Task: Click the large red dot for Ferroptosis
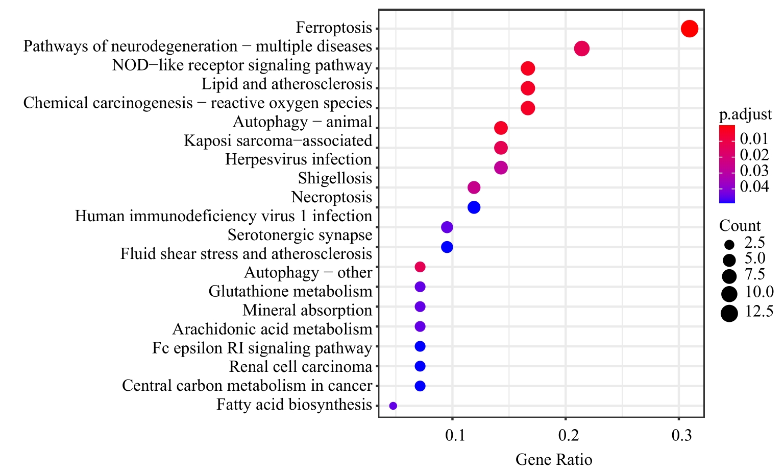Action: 689,29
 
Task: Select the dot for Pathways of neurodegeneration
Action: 582,49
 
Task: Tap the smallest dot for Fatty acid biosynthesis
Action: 393,406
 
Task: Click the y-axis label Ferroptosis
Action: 334,28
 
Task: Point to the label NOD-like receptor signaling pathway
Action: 242,65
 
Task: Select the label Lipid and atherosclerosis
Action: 287,84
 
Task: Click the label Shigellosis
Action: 335,178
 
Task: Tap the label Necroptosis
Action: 331,197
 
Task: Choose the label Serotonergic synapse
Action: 300,235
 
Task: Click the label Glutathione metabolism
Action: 290,291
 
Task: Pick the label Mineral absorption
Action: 307,310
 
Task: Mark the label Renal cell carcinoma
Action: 301,367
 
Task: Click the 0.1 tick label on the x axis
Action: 455,435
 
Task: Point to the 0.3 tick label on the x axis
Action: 681,435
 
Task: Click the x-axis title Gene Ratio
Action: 554,459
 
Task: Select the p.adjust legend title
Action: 745,115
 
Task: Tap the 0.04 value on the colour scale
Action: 754,186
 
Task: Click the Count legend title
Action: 740,225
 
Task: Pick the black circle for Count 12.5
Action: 729,313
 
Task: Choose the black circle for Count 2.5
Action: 729,244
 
